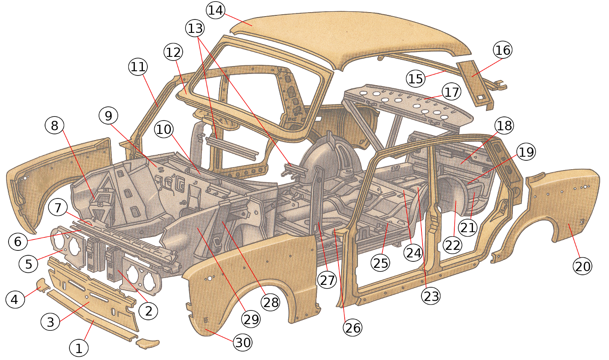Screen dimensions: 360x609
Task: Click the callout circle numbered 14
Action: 216,10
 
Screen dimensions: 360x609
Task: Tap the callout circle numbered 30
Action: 243,343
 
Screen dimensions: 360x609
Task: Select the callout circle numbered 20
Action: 583,266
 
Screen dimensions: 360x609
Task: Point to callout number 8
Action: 54,125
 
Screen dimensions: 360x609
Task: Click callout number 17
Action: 451,92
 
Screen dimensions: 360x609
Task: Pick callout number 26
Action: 352,328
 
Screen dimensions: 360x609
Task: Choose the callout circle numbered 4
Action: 15,300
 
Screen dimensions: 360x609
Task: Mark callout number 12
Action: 173,52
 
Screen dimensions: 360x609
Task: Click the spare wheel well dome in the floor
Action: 329,158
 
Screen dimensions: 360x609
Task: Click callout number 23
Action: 431,296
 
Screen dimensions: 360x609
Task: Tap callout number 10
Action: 164,129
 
